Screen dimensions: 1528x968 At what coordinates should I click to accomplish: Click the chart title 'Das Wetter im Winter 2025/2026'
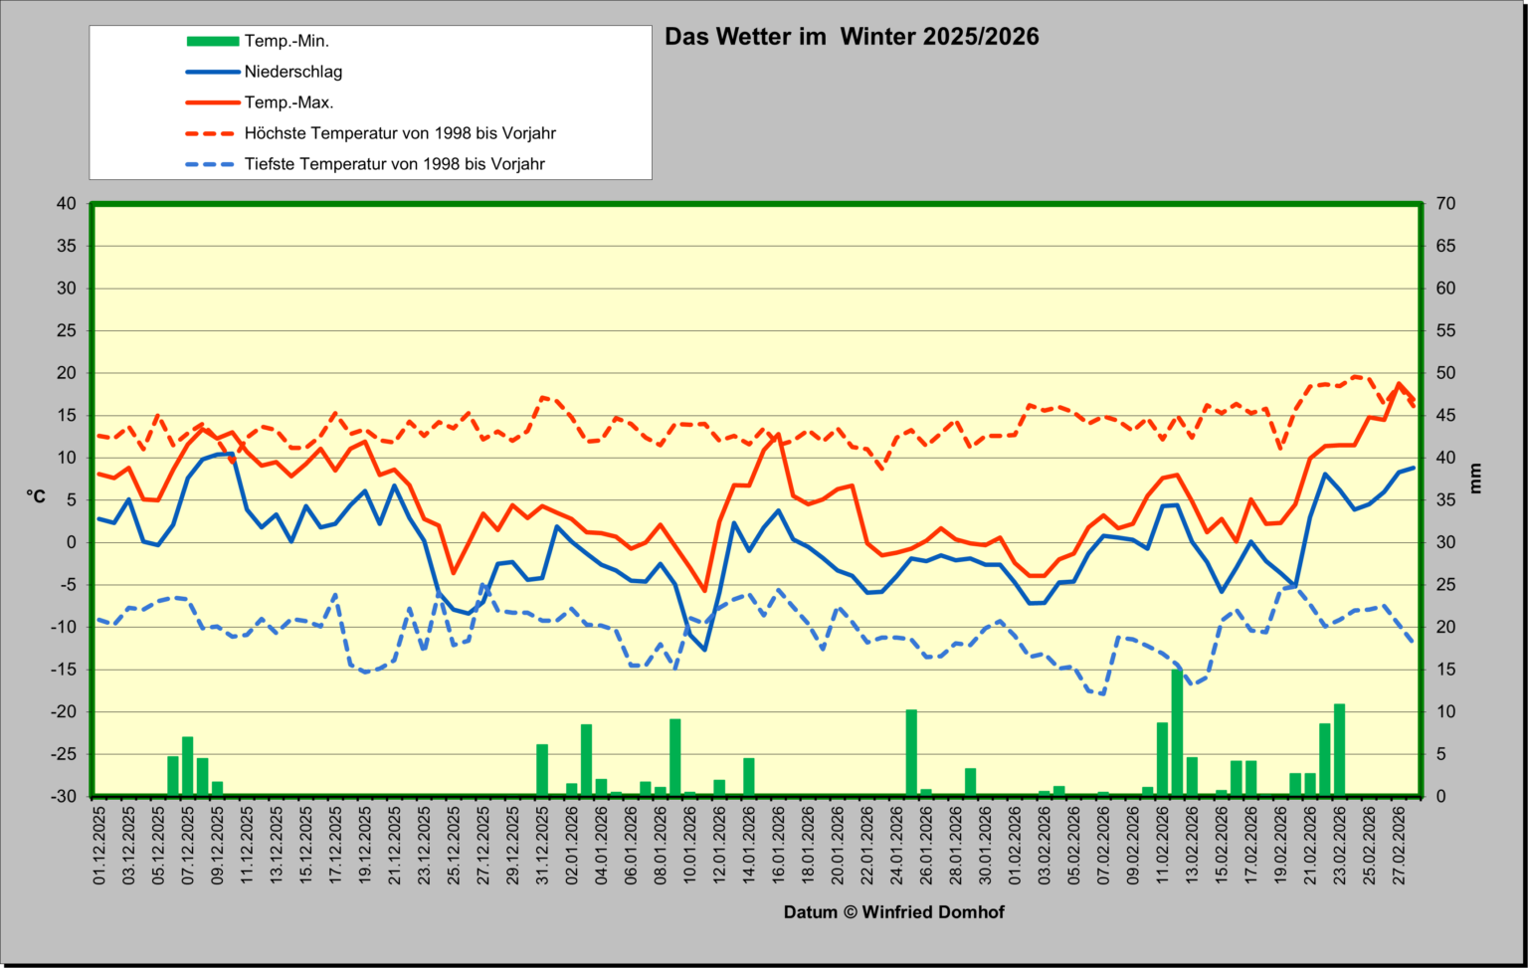(852, 37)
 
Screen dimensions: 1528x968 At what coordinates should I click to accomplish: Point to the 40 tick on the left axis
(67, 203)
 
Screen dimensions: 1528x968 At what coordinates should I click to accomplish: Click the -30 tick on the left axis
(63, 796)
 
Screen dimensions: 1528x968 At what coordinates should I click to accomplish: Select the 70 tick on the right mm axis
(1445, 203)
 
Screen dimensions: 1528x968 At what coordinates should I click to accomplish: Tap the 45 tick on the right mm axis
(1445, 416)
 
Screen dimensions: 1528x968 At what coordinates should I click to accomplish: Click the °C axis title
(36, 496)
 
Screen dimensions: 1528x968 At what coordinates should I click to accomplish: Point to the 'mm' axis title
(1475, 479)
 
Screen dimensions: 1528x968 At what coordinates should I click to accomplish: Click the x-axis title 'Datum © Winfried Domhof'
(893, 912)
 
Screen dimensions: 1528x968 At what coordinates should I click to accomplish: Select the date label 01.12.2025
(99, 846)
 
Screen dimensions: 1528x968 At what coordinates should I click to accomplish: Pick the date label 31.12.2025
(542, 846)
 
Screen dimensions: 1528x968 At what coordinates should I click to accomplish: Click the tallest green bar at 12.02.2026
(1178, 732)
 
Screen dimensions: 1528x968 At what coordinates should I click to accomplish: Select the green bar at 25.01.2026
(911, 752)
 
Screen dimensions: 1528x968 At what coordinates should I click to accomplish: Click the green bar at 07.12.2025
(188, 766)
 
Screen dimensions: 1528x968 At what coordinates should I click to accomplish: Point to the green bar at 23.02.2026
(1340, 750)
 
